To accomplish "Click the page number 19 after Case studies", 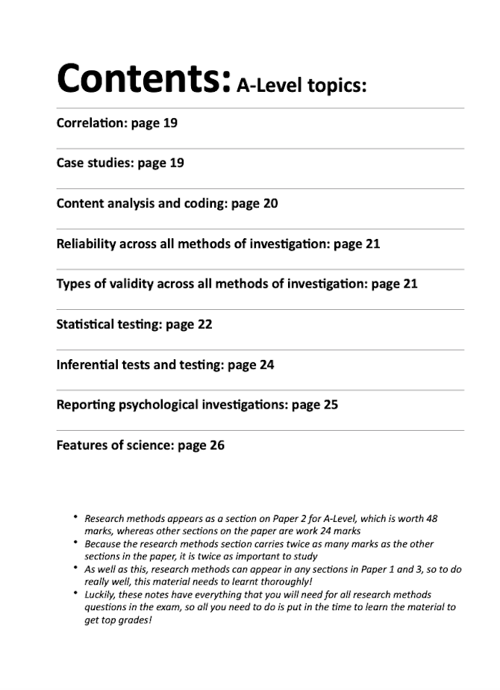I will [176, 163].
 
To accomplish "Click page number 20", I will [270, 203].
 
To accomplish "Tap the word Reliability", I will [86, 243].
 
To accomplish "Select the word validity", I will [136, 284].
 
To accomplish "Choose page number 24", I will [266, 364].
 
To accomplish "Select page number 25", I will [331, 405].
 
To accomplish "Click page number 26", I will [216, 445].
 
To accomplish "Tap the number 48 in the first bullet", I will [431, 517].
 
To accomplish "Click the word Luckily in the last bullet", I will [100, 594].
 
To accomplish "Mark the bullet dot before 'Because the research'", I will [75, 543].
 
